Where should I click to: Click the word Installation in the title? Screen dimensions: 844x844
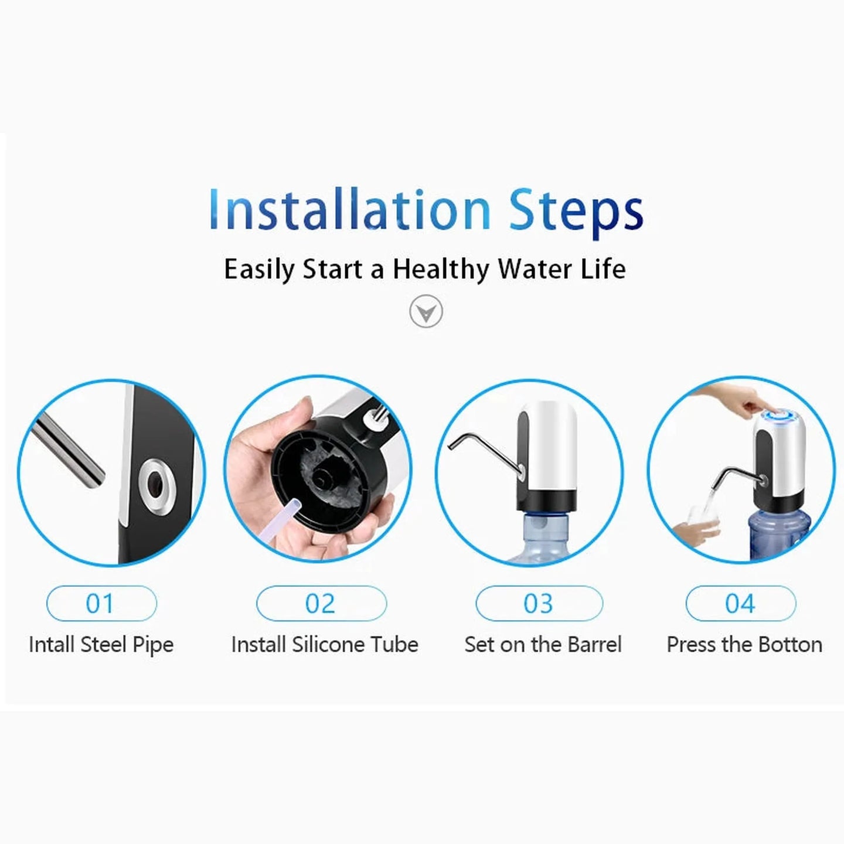[x=349, y=210]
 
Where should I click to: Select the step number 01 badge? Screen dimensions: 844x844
[x=101, y=603]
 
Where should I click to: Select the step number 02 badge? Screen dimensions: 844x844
[x=321, y=603]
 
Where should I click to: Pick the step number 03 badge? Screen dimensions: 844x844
[x=539, y=603]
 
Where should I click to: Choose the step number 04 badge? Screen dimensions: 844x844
[x=740, y=603]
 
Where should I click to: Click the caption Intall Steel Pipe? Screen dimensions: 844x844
[x=101, y=645]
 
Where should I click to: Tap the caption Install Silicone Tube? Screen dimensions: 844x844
[x=325, y=645]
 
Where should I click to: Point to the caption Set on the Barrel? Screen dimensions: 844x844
[x=543, y=645]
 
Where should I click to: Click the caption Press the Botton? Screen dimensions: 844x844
[x=744, y=645]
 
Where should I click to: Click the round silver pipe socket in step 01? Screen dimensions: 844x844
[x=156, y=482]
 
